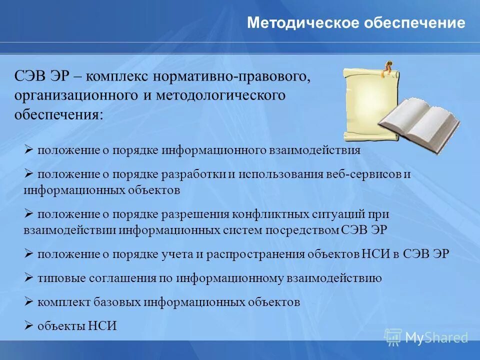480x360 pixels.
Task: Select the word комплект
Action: (x=63, y=302)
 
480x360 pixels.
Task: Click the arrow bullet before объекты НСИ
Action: (x=28, y=325)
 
